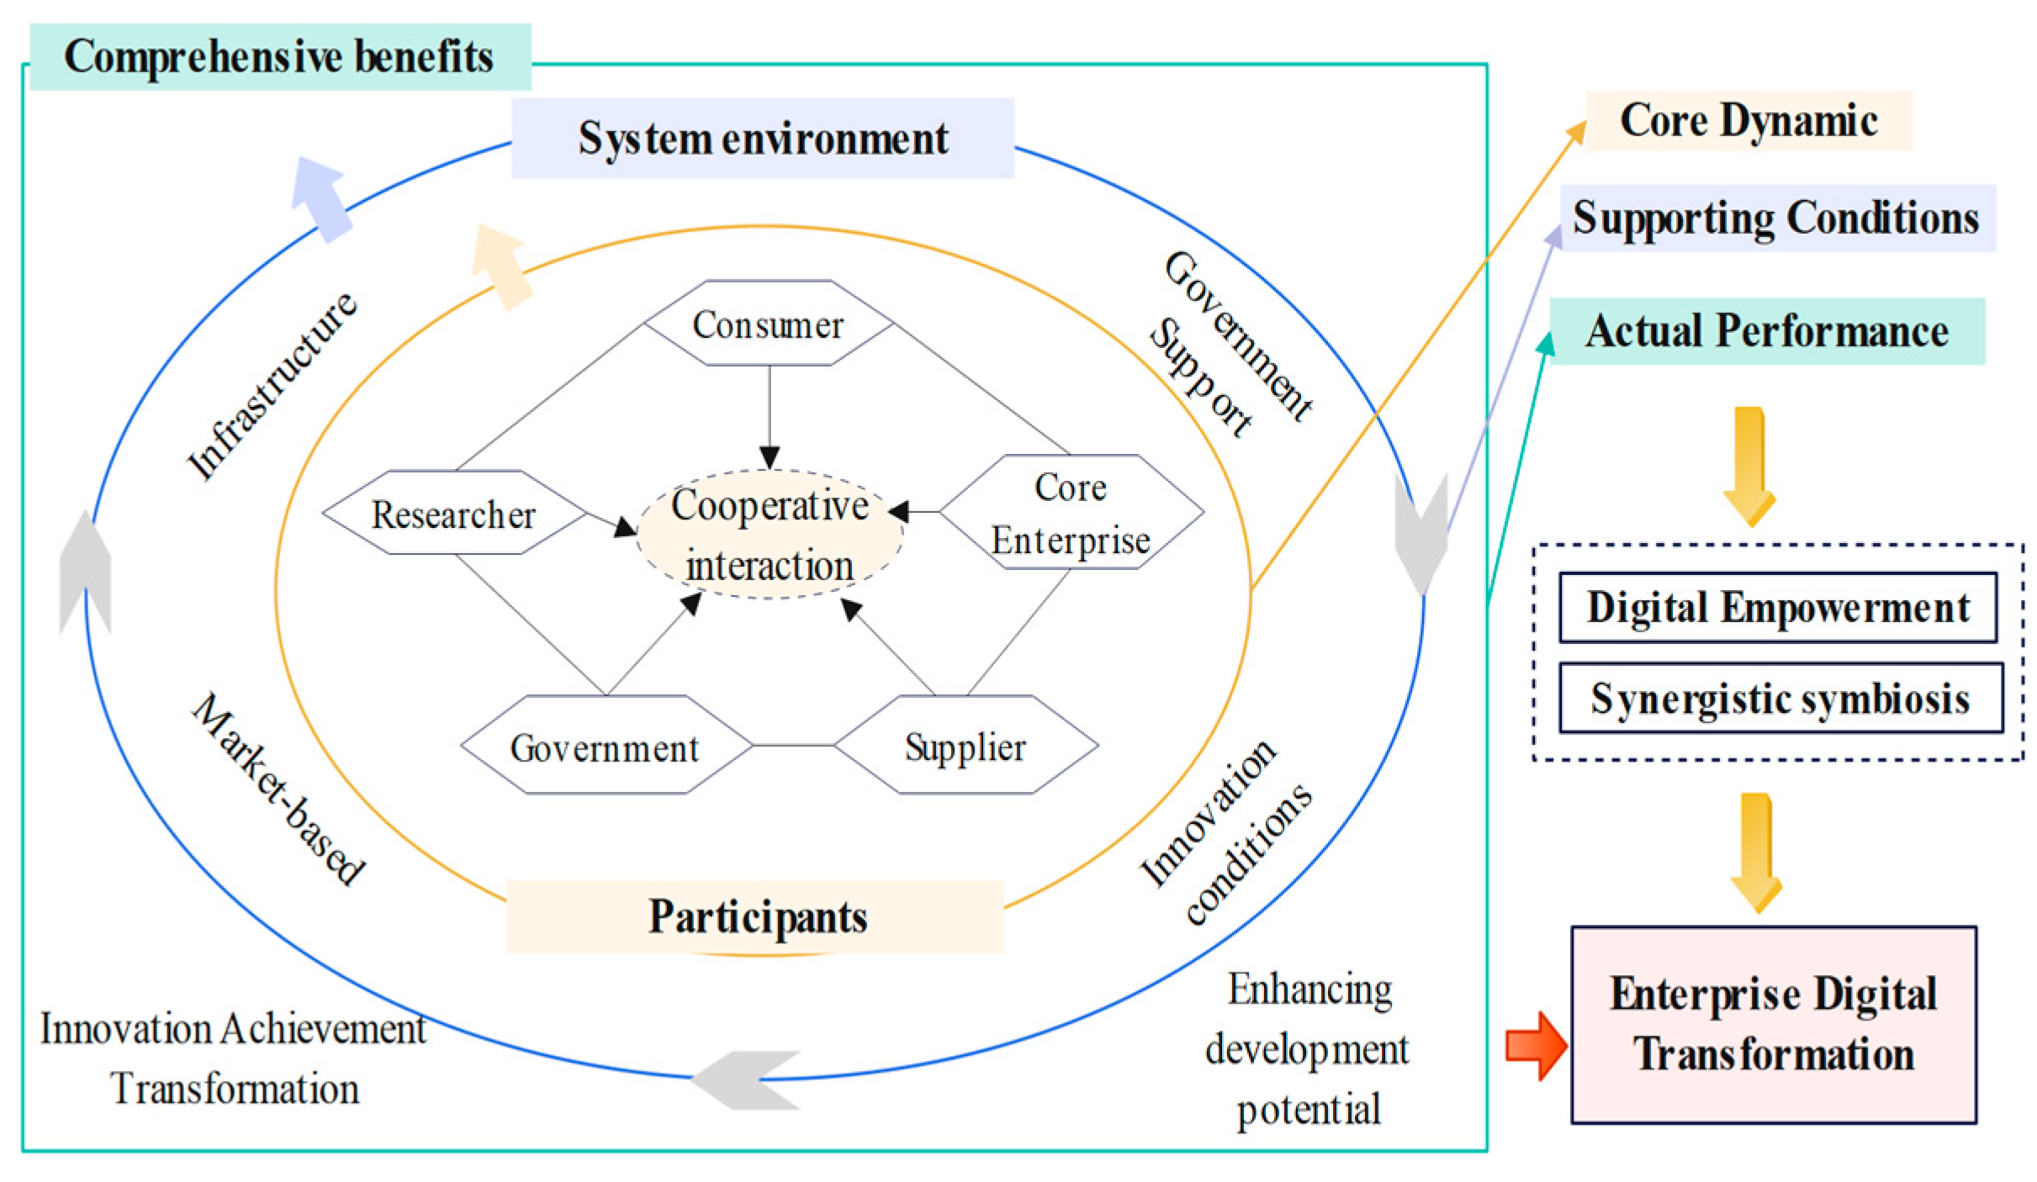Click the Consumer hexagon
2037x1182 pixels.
(768, 324)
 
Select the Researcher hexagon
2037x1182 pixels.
(454, 513)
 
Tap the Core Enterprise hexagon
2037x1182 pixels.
(1071, 513)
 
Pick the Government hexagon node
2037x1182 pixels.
(606, 746)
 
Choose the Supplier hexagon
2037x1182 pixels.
(966, 746)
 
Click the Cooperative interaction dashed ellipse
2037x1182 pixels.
(770, 535)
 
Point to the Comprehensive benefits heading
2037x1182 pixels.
(279, 56)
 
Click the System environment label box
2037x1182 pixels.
(762, 138)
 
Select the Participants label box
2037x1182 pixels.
(755, 916)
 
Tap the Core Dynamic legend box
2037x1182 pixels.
(1748, 120)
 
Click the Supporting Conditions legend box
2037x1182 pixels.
(1776, 218)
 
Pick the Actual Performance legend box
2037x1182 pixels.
(1766, 330)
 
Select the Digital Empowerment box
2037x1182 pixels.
(1777, 607)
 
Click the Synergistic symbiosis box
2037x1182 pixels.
(1780, 698)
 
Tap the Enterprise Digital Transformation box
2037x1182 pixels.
(1773, 1024)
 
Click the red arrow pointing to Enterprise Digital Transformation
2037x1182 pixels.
(1535, 1045)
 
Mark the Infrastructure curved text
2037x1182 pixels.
(271, 387)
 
